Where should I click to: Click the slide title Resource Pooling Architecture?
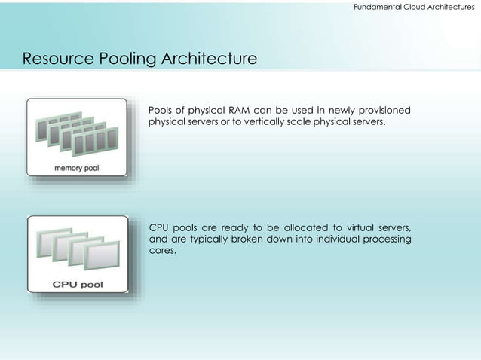pos(139,59)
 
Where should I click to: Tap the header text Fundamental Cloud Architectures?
pos(409,6)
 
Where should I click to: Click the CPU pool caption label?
pos(78,284)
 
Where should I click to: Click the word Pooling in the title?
pos(127,59)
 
